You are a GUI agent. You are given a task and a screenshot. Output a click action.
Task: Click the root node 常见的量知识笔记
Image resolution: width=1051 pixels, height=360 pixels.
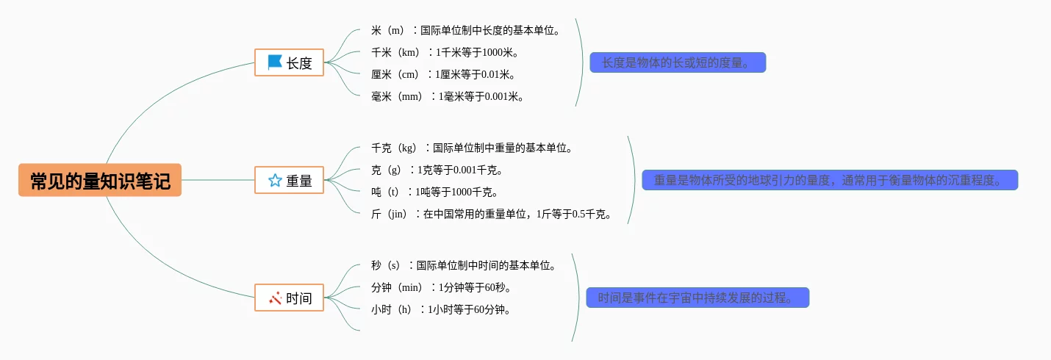[100, 180]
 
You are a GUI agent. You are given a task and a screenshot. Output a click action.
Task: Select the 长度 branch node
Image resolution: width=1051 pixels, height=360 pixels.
[289, 62]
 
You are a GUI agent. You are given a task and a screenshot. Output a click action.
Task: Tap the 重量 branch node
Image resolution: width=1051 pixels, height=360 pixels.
[289, 180]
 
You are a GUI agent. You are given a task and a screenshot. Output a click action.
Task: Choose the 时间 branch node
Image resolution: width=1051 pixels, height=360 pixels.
[289, 298]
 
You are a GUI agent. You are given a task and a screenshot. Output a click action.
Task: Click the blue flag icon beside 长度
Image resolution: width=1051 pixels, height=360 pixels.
[275, 62]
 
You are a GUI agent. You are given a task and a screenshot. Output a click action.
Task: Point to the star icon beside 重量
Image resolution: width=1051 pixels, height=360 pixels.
[275, 180]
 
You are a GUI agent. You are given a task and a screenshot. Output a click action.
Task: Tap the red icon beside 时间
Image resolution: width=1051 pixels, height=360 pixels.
[275, 298]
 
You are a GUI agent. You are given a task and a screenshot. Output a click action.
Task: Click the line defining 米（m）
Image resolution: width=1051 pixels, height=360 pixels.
[466, 30]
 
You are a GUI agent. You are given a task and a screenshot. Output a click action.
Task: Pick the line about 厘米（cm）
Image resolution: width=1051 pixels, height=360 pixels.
[443, 74]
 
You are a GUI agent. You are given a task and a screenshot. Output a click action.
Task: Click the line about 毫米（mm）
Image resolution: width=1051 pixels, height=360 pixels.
[448, 96]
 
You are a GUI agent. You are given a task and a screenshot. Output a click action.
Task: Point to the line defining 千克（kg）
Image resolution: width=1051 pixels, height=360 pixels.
[472, 148]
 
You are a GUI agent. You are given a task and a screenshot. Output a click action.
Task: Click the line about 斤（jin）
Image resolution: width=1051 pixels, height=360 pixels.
[492, 214]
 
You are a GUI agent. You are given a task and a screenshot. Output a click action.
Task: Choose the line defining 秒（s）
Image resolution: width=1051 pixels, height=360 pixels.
[464, 265]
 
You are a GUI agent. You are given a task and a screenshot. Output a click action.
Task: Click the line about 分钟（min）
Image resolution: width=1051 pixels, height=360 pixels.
[441, 287]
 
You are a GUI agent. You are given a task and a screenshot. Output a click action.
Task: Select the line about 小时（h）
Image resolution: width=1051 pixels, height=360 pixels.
[441, 309]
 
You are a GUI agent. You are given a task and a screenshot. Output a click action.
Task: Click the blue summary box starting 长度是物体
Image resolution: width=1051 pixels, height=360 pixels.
[678, 62]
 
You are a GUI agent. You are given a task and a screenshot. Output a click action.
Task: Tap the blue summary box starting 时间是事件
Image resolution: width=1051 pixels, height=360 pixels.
[697, 298]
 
